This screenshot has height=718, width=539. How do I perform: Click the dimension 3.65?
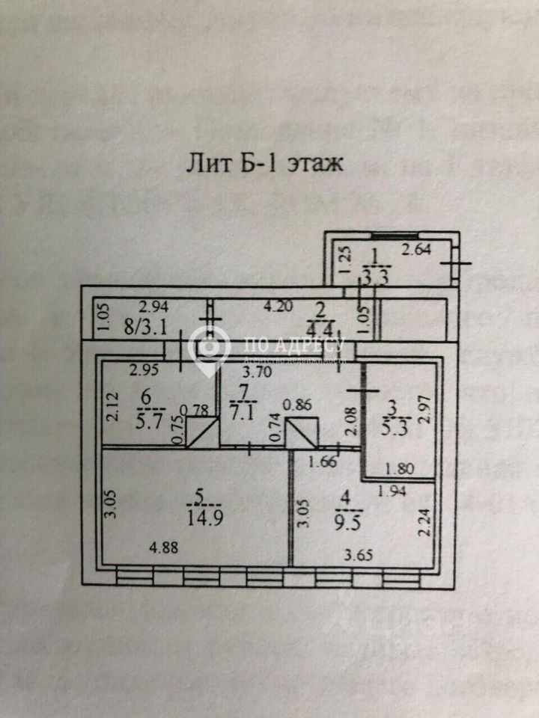click(359, 554)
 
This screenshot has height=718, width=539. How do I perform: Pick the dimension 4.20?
click(282, 306)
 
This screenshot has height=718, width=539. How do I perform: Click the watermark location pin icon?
click(209, 346)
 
